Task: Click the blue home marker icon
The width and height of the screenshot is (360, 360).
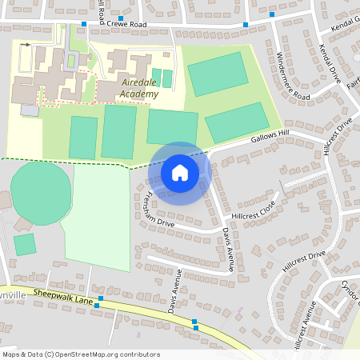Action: coord(180,172)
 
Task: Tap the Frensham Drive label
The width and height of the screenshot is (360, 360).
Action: coord(155,211)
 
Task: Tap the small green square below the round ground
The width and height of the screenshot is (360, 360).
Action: coord(25,244)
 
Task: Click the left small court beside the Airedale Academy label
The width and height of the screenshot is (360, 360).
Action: coord(155,78)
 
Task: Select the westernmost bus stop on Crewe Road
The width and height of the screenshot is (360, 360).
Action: coord(83,24)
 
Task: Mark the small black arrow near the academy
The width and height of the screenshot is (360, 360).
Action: coord(26,45)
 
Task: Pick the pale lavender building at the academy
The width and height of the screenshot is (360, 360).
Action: coord(29,110)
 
